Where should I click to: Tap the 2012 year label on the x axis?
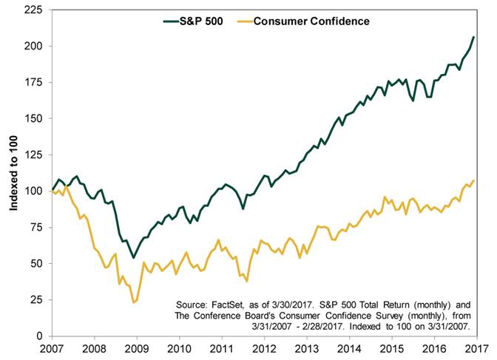pos(262,348)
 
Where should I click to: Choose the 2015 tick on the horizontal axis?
pos(390,348)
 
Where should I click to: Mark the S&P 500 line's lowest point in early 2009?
pos(133,257)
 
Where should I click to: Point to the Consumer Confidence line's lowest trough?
pos(133,302)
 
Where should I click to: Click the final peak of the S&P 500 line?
pos(474,37)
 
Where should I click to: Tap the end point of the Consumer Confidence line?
pos(474,180)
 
